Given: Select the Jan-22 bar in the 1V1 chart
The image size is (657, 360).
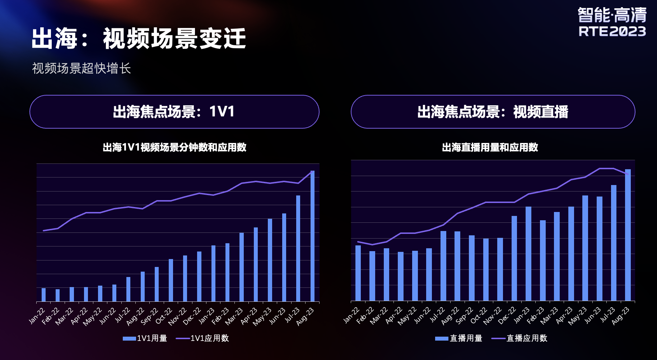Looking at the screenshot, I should pyautogui.click(x=43, y=295).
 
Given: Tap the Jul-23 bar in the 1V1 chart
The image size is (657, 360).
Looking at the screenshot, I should pyautogui.click(x=298, y=248).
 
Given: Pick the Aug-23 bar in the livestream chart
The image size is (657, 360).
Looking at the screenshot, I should pyautogui.click(x=628, y=235).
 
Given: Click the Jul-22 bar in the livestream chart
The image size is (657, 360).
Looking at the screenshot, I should pyautogui.click(x=443, y=266).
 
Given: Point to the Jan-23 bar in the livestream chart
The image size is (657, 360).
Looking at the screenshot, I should pyautogui.click(x=528, y=254).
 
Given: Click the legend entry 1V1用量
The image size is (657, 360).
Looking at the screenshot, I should pyautogui.click(x=145, y=338).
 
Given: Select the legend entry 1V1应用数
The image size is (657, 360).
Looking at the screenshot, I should pyautogui.click(x=202, y=338).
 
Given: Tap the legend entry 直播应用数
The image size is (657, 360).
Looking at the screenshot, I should pyautogui.click(x=519, y=338).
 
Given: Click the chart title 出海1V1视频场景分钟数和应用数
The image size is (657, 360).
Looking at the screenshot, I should pyautogui.click(x=174, y=147).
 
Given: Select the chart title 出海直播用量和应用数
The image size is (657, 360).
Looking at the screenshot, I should pyautogui.click(x=490, y=147).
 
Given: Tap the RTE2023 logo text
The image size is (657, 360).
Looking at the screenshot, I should pyautogui.click(x=612, y=32).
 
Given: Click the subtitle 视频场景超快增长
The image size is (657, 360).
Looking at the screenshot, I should pyautogui.click(x=81, y=68).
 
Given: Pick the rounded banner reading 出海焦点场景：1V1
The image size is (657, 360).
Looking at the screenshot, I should pyautogui.click(x=174, y=112).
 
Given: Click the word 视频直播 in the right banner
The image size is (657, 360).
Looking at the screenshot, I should pyautogui.click(x=541, y=112).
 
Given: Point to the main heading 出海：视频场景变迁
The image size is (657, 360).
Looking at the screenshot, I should pyautogui.click(x=139, y=38).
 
